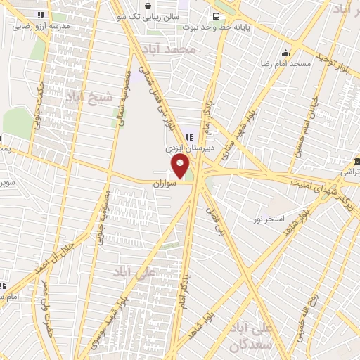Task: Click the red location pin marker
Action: coord(181,167)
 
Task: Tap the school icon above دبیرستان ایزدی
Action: coord(188,136)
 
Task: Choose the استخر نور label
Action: coord(269,219)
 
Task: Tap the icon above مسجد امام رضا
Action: coord(286,53)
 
